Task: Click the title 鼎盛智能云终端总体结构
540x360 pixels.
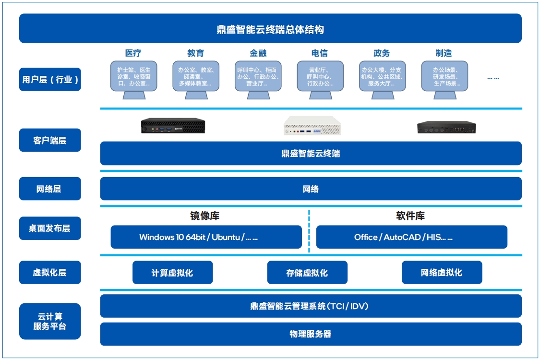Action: (270, 29)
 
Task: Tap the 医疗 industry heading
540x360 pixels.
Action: (133, 53)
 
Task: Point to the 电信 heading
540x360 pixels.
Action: (320, 53)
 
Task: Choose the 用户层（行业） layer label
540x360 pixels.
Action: (50, 79)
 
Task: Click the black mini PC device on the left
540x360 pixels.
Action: (173, 126)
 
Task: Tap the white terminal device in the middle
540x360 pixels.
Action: (313, 126)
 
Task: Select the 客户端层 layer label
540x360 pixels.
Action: (50, 140)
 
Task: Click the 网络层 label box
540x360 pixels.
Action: (50, 189)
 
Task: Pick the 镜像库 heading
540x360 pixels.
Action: (205, 216)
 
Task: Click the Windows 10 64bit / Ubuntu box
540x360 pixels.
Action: (206, 237)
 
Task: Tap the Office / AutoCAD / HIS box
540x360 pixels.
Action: (411, 237)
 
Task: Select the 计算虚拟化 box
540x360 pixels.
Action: (172, 273)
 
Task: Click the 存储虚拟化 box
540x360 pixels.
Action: (307, 273)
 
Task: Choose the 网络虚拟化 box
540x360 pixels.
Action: (442, 273)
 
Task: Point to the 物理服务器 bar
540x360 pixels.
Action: (311, 334)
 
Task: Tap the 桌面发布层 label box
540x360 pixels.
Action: (50, 228)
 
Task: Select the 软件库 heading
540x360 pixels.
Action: (410, 216)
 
